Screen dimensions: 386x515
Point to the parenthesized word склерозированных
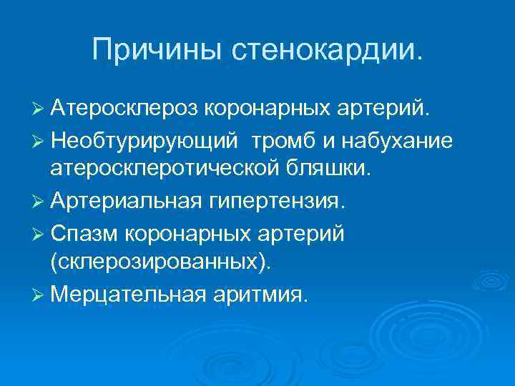161,263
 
